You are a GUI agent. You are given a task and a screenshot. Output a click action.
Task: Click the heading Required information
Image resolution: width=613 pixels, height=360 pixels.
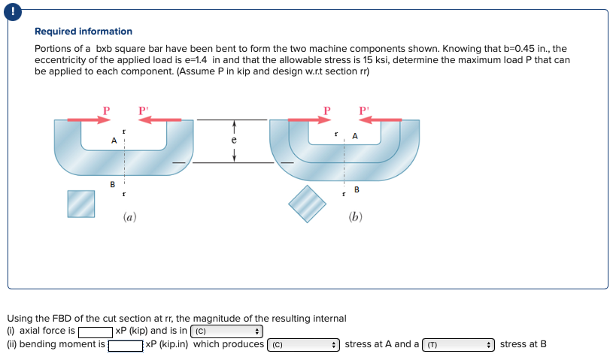83,32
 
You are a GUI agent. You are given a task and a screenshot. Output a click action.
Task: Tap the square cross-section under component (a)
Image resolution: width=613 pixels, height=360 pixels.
81,203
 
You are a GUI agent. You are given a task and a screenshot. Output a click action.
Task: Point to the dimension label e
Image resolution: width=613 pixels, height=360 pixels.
234,140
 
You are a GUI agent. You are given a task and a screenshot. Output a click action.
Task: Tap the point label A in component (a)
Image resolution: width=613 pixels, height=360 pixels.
114,141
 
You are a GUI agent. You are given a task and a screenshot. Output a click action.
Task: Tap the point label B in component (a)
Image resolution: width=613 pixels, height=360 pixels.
113,183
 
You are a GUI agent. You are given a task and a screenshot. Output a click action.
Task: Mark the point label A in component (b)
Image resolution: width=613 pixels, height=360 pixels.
354,136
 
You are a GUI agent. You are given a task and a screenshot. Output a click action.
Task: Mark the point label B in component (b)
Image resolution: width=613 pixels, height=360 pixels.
357,189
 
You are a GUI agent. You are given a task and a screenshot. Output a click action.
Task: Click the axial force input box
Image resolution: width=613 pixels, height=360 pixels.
96,331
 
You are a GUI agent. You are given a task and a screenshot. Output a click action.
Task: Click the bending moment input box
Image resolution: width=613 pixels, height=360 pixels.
126,345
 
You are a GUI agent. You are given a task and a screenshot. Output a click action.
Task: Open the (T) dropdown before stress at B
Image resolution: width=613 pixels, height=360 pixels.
458,345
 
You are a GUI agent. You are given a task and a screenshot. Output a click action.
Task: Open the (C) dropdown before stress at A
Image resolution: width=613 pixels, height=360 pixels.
303,345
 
